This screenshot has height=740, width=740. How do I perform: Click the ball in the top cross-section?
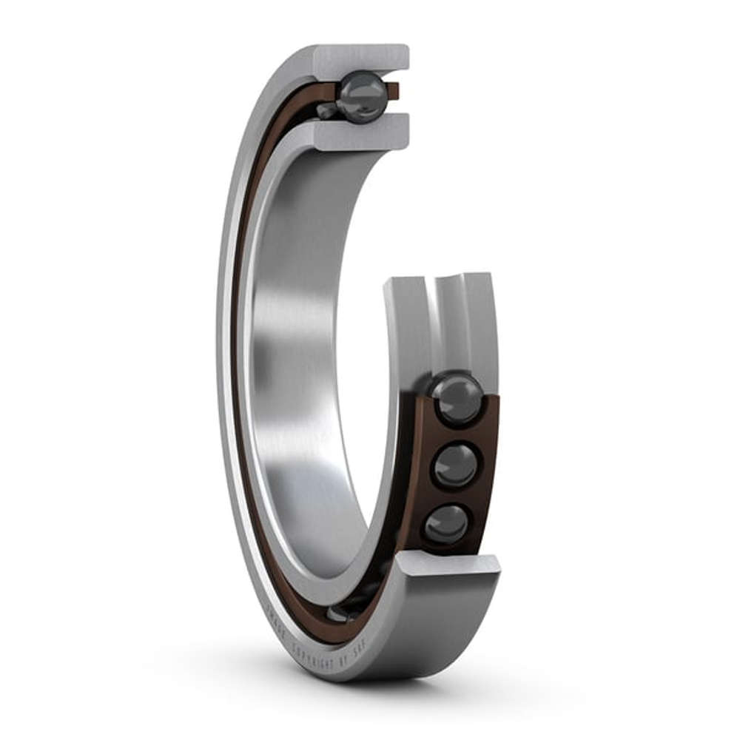363,97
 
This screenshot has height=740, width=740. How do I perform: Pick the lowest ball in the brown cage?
446,524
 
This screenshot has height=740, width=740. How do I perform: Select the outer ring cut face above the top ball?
363,58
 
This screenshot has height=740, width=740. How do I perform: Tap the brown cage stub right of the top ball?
393,90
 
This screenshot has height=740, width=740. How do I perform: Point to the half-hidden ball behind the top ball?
327,111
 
